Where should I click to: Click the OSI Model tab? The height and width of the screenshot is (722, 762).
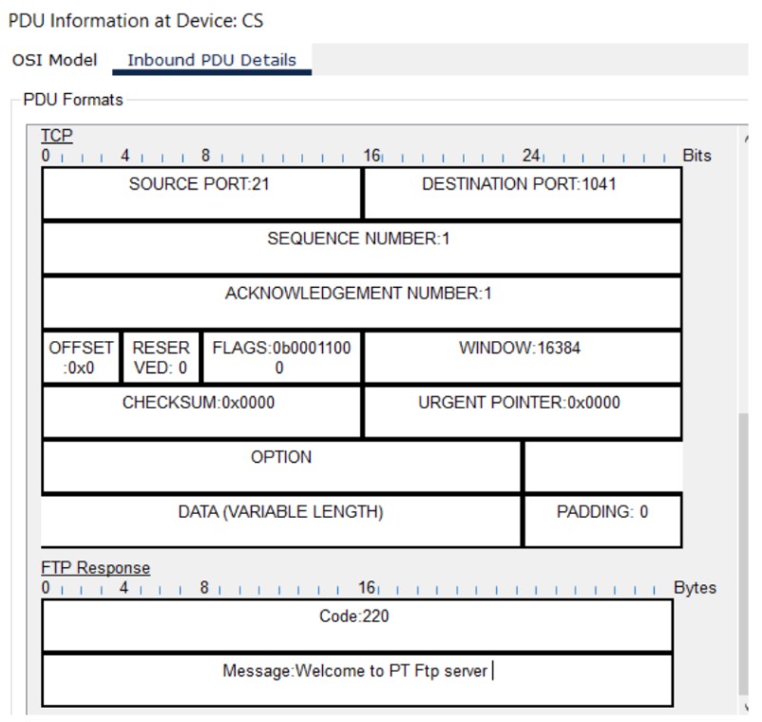(54, 60)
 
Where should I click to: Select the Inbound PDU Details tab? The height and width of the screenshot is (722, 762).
(212, 60)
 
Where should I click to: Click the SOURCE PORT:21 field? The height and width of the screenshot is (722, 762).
(200, 184)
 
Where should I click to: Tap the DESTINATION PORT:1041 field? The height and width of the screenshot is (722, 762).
(519, 184)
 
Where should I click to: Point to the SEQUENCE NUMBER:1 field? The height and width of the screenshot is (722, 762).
(358, 239)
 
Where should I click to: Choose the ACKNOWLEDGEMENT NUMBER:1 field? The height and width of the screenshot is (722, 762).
(358, 294)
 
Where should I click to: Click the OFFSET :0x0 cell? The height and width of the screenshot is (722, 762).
(81, 357)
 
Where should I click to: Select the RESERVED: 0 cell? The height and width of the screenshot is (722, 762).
(161, 357)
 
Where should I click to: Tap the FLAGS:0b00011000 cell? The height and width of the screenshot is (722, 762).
(281, 357)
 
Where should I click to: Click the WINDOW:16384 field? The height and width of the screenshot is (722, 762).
(520, 349)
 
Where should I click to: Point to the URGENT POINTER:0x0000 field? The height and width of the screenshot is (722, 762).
(520, 403)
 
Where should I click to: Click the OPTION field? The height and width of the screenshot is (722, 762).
(281, 458)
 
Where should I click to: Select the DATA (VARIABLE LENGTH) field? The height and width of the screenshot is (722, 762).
(281, 513)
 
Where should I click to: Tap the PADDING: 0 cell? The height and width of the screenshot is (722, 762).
(602, 513)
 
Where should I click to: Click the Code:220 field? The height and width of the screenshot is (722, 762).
(354, 617)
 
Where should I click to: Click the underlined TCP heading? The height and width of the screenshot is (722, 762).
(57, 137)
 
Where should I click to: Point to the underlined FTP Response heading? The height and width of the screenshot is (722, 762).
(95, 568)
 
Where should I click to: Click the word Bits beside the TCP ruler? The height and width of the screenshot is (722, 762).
(696, 156)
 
